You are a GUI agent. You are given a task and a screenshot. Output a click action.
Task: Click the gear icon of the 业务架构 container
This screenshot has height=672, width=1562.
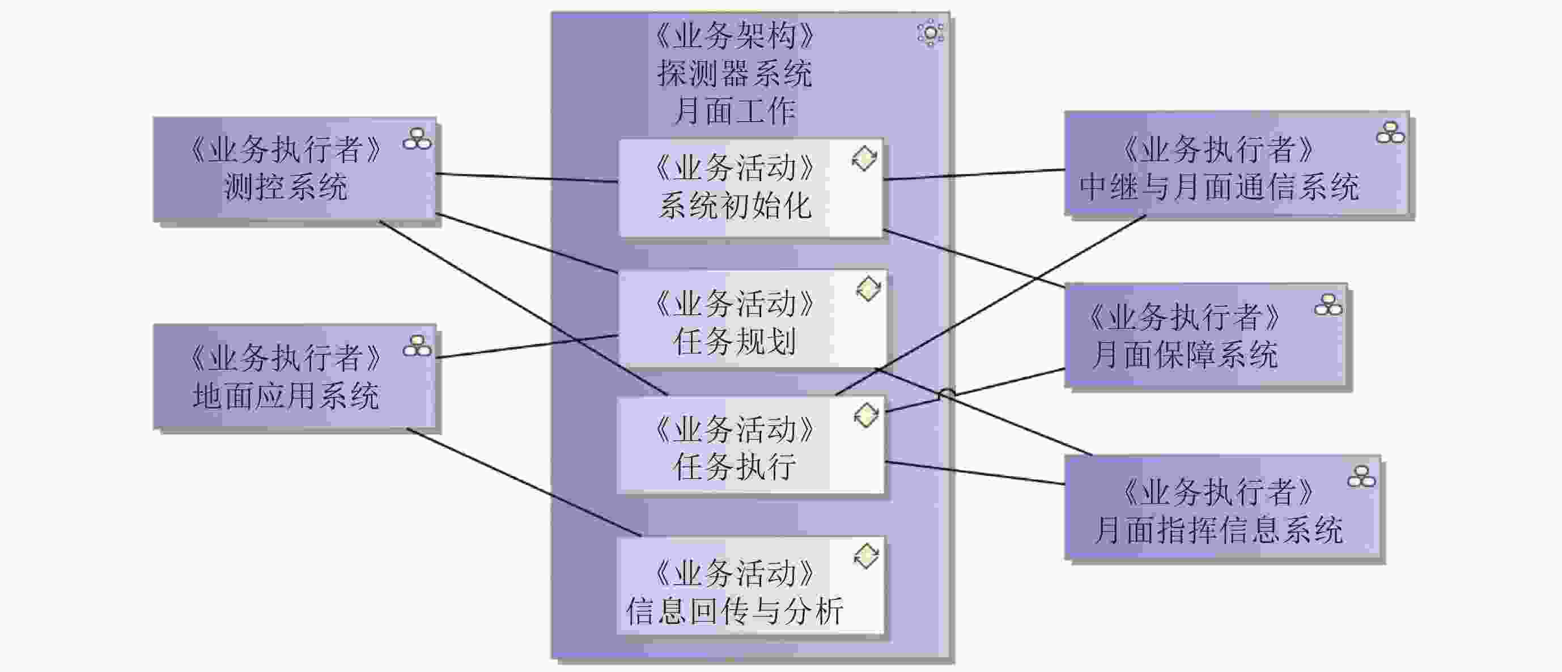(x=929, y=33)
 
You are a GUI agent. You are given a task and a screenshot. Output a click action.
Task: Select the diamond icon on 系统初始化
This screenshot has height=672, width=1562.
(x=864, y=159)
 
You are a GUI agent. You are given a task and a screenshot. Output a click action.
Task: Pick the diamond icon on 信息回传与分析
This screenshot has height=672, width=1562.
(x=866, y=556)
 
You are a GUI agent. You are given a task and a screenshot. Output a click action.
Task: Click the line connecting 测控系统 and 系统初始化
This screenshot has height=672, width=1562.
(x=527, y=177)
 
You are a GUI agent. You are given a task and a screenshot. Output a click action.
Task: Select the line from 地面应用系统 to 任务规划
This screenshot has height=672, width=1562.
(x=527, y=347)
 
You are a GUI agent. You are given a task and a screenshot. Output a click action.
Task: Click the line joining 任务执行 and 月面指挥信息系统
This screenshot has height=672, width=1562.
(x=975, y=473)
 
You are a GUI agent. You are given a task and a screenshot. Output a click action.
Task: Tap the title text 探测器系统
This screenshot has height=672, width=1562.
(x=735, y=74)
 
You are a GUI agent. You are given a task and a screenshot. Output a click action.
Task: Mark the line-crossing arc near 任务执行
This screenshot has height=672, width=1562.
(x=946, y=393)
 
